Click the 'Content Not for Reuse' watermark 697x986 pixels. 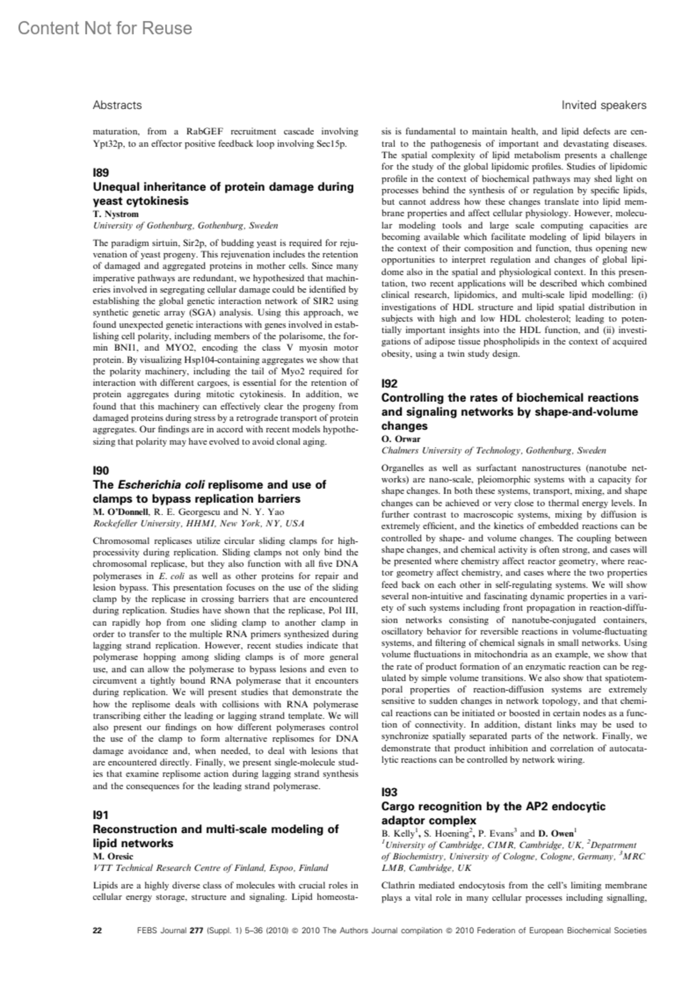click(105, 28)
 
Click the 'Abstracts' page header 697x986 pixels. click(117, 105)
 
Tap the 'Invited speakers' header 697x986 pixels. click(603, 105)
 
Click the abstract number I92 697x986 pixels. click(389, 383)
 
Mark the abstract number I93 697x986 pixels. click(389, 792)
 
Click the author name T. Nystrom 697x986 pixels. click(116, 214)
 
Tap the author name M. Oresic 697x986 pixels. click(113, 857)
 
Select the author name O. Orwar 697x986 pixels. click(400, 439)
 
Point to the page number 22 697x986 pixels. click(98, 930)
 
